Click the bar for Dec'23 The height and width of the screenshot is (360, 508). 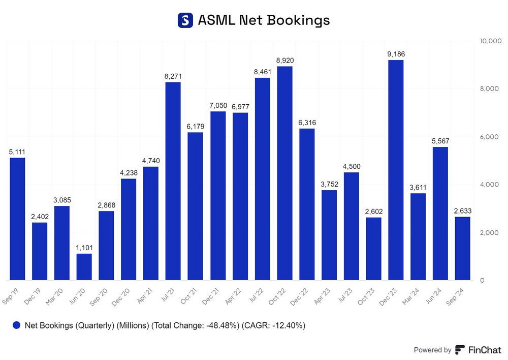396,170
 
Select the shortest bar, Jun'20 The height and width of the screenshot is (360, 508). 84,267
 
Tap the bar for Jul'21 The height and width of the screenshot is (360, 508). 173,181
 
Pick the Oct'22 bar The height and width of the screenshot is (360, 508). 284,173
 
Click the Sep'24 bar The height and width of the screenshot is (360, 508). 462,248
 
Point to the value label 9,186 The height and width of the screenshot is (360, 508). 396,54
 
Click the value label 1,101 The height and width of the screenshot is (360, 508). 84,247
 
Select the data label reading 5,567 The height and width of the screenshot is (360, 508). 440,141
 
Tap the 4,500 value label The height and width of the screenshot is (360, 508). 351,166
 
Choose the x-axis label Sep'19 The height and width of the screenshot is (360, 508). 12,294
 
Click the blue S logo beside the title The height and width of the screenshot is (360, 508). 185,20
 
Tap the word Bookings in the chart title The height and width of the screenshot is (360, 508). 298,20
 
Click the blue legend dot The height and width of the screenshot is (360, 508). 17,325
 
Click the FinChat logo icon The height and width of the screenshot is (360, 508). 460,350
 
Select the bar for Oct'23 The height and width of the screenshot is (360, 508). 373,249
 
